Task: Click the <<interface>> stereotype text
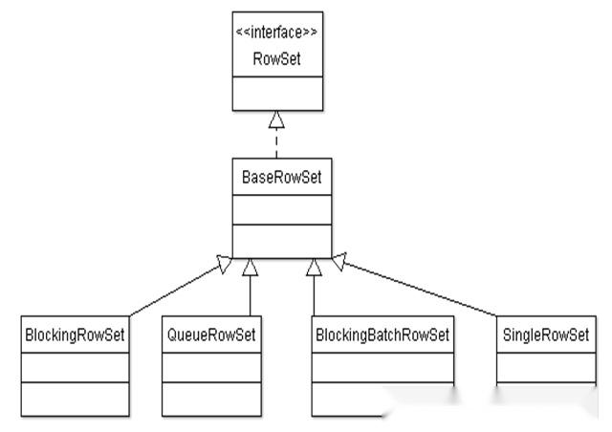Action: pyautogui.click(x=276, y=32)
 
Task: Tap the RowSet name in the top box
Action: pyautogui.click(x=276, y=59)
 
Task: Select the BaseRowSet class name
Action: pyautogui.click(x=281, y=177)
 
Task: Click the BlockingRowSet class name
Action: pyautogui.click(x=75, y=335)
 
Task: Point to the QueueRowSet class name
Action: pyautogui.click(x=211, y=335)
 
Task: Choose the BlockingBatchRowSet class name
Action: pyautogui.click(x=382, y=335)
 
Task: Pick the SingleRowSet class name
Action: pyautogui.click(x=546, y=335)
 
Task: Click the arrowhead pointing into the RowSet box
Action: pyautogui.click(x=276, y=119)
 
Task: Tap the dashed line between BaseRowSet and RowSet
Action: pyautogui.click(x=276, y=142)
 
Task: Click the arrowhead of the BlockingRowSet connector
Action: pyautogui.click(x=225, y=264)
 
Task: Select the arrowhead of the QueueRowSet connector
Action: pyautogui.click(x=250, y=268)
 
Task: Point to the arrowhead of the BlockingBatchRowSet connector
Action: pyautogui.click(x=314, y=268)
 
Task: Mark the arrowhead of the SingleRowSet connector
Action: pyautogui.click(x=339, y=261)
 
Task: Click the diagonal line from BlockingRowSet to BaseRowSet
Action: pyautogui.click(x=174, y=292)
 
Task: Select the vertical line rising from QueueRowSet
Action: pyautogui.click(x=250, y=295)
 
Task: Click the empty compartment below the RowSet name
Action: pyautogui.click(x=277, y=94)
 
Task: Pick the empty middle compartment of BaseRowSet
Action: pyautogui.click(x=282, y=210)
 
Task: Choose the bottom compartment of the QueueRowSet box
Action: pyautogui.click(x=211, y=400)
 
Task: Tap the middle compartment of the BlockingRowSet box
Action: pyautogui.click(x=75, y=368)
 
